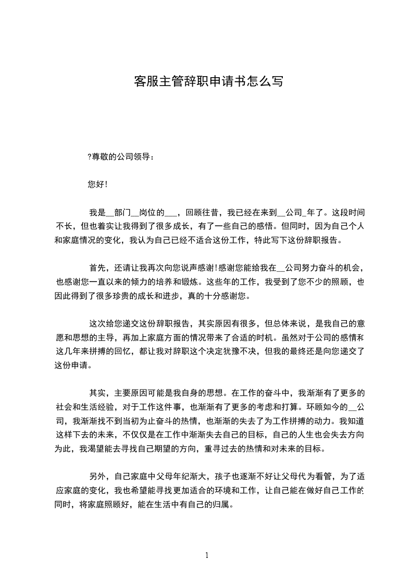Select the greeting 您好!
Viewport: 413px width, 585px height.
(x=98, y=184)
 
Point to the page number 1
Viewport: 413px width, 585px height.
(x=207, y=555)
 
